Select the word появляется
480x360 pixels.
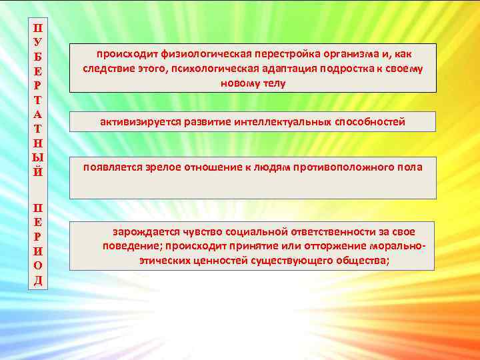click(111, 167)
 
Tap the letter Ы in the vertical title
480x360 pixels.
click(37, 159)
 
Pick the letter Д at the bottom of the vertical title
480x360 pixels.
click(37, 279)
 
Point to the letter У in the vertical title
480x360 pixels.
click(37, 41)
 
